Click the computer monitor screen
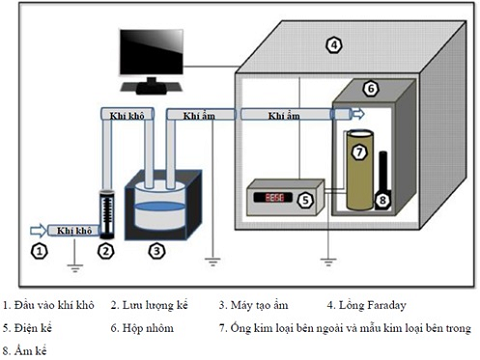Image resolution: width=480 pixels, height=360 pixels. tap(151, 52)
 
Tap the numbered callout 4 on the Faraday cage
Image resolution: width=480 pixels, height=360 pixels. tap(334, 45)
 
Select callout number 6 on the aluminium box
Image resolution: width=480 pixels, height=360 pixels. tap(371, 89)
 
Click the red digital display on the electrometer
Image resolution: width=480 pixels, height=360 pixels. tap(273, 197)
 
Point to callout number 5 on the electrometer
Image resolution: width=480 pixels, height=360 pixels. tap(305, 200)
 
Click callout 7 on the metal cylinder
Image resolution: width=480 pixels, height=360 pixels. tap(359, 152)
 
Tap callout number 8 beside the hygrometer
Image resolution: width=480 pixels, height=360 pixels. tap(383, 200)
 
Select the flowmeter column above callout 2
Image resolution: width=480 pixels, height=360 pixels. tap(107, 214)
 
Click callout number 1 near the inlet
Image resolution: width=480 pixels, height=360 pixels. tap(39, 251)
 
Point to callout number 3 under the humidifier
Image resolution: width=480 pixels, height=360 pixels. tap(157, 251)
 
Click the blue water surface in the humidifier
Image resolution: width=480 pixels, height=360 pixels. tap(159, 206)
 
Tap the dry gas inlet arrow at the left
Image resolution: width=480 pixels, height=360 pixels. tap(38, 230)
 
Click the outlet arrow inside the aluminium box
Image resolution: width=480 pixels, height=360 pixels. tap(359, 114)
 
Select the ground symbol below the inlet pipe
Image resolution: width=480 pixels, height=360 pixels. tap(75, 268)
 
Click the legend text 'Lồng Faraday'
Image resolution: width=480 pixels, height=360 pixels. tap(372, 305)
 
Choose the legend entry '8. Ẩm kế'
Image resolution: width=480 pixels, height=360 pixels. tap(25, 351)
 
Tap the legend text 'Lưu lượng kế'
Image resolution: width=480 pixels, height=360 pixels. tap(155, 305)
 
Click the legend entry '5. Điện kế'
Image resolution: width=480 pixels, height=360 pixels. tap(27, 328)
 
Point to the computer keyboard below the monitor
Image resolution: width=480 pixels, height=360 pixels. tap(151, 88)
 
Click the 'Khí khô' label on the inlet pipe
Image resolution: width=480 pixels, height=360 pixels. tap(74, 231)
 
